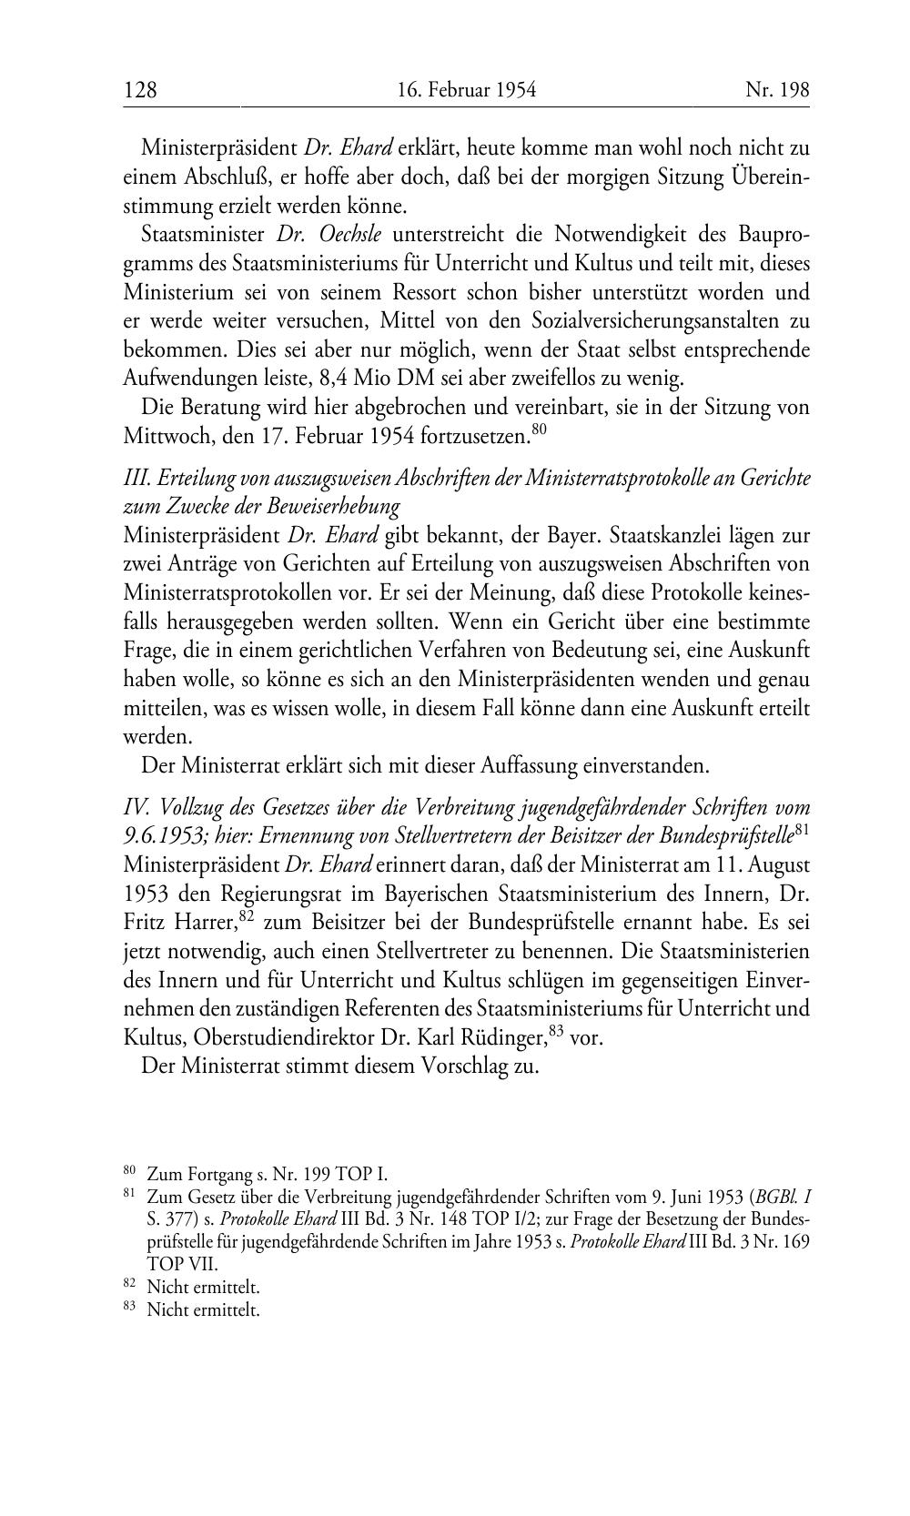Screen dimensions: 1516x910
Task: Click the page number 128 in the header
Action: [140, 90]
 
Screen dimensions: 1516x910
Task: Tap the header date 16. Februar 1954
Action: [467, 90]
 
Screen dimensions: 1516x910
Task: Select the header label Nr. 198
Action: [777, 90]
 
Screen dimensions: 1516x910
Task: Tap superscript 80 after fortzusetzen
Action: [540, 429]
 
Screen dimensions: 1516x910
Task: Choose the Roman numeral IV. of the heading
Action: [137, 807]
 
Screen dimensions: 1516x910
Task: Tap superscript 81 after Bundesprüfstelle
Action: [802, 829]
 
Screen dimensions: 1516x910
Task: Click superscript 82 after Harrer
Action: [246, 915]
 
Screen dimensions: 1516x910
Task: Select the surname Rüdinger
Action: [500, 1037]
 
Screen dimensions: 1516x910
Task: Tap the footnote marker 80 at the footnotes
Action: [129, 1172]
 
